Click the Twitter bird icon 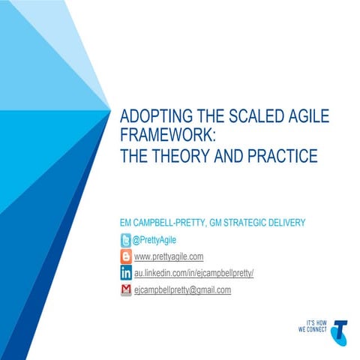126,240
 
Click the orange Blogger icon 126,256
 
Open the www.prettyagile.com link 169,256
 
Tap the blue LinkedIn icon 126,273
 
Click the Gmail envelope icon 126,290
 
